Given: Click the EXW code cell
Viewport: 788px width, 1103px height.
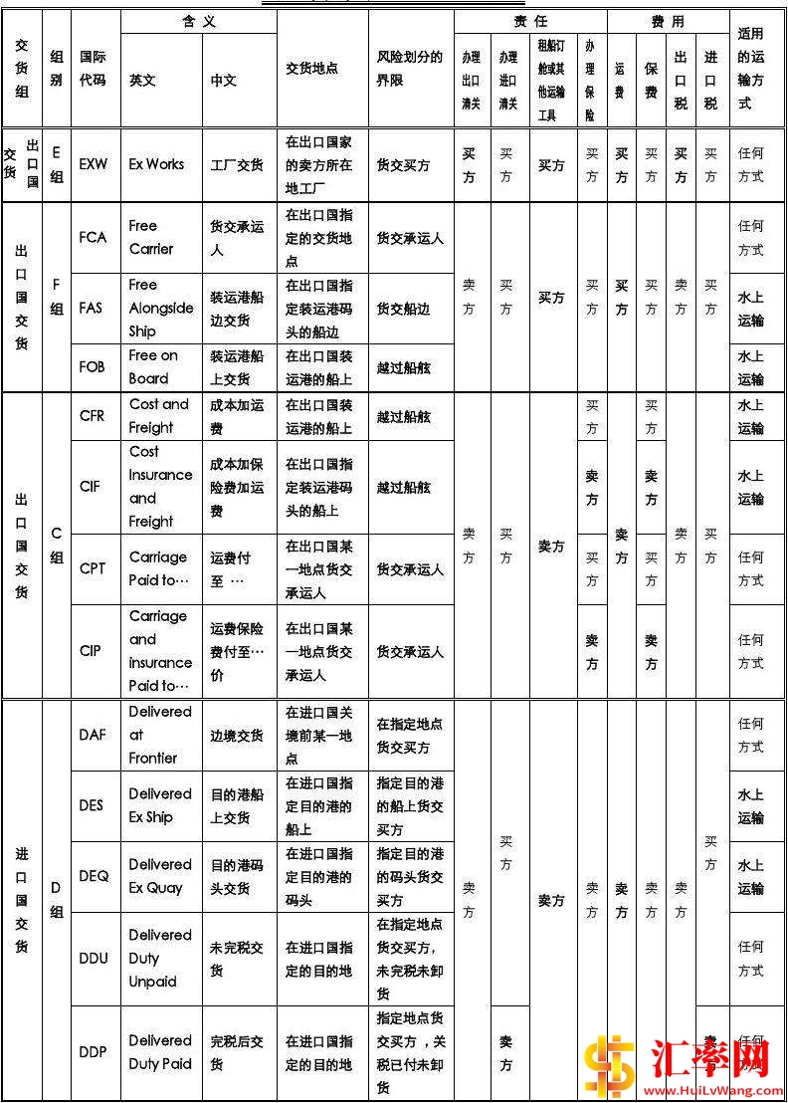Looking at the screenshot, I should click(x=94, y=164).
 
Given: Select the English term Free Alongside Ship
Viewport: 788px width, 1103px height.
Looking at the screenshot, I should click(x=160, y=308).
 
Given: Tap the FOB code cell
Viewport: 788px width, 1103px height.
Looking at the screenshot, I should click(x=92, y=366).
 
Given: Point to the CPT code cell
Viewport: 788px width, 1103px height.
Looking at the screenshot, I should click(x=92, y=568).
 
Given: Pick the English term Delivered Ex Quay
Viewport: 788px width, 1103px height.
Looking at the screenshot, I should click(x=159, y=876).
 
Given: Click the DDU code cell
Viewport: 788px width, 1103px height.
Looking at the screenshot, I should click(x=94, y=958).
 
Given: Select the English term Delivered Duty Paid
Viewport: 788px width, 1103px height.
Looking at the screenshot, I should click(x=159, y=1052).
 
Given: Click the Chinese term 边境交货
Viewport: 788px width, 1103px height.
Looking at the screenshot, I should click(x=237, y=735).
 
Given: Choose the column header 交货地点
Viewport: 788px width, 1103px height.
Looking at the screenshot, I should click(x=311, y=69).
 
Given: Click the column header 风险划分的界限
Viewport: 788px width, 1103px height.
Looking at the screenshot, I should click(x=409, y=68).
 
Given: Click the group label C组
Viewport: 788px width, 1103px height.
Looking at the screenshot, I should click(x=56, y=546).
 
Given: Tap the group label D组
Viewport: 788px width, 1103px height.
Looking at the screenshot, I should click(x=56, y=899).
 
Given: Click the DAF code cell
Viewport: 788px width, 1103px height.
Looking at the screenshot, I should click(x=92, y=735).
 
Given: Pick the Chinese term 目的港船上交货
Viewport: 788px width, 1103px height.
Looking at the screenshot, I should click(x=237, y=805).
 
